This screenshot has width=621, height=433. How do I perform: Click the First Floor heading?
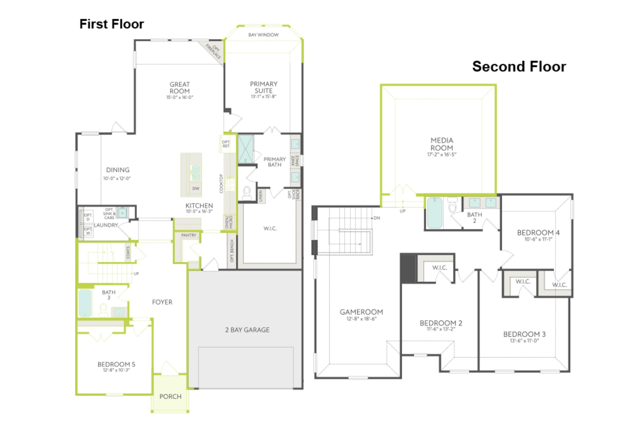tap(111, 24)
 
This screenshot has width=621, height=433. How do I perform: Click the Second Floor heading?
tap(519, 67)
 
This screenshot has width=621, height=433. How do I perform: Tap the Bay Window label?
tap(263, 35)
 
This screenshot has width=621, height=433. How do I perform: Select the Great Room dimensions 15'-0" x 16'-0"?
tap(179, 97)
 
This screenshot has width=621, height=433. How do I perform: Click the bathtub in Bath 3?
tap(85, 303)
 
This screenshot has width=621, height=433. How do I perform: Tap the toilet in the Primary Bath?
tap(247, 193)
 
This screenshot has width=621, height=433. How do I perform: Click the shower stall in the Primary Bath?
tap(246, 149)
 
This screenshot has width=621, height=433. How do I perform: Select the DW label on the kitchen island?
tap(196, 188)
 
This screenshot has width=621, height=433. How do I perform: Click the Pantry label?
tap(188, 235)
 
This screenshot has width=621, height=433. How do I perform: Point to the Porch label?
tap(170, 396)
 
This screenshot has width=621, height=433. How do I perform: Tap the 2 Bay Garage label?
tap(247, 330)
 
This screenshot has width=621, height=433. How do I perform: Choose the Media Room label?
tap(442, 144)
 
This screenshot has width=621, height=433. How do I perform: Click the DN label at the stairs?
tap(377, 218)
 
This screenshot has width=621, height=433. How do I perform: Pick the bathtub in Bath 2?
tap(434, 213)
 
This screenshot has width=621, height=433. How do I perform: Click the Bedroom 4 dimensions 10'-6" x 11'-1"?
tap(538, 239)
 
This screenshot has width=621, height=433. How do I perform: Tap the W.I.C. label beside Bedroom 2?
tap(440, 268)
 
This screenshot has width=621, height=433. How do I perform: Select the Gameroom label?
tap(361, 312)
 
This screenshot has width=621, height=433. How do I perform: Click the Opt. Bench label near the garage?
tap(232, 251)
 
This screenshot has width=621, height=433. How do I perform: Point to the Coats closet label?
tap(128, 252)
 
